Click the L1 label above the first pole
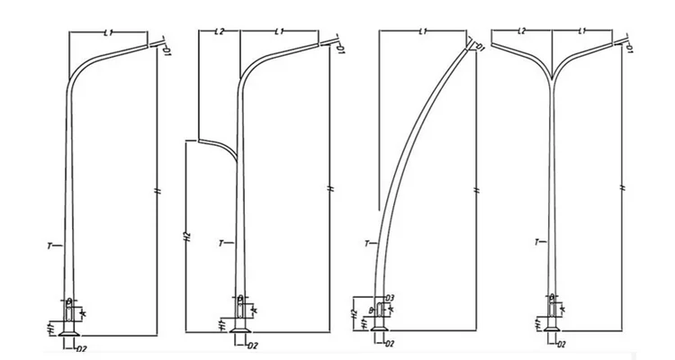pyautogui.click(x=108, y=32)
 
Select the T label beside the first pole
pyautogui.click(x=52, y=244)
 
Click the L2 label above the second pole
pyautogui.click(x=219, y=32)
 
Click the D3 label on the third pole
pyautogui.click(x=390, y=297)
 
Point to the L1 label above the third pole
pyautogui.click(x=423, y=32)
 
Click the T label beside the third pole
pyautogui.click(x=366, y=244)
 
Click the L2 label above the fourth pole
pyautogui.click(x=522, y=32)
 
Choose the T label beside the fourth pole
pyautogui.click(x=537, y=242)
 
